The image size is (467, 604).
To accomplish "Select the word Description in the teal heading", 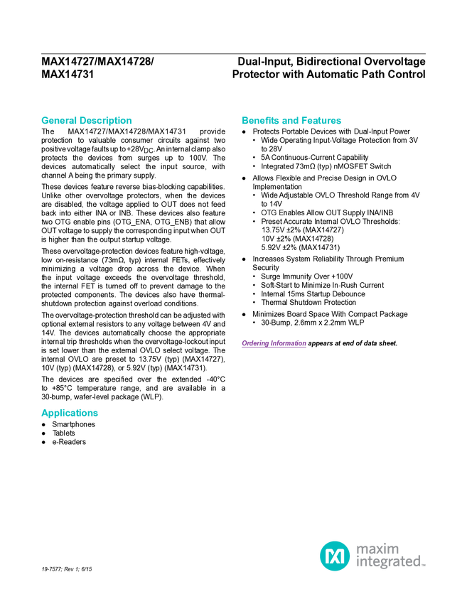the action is coord(106,121).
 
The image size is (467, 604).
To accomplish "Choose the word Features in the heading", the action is coord(321,121).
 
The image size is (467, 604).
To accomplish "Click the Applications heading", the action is coord(70,413).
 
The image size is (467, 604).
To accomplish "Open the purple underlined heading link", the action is coord(274,344).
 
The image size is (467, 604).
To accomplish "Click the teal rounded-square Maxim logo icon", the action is coord(334,555).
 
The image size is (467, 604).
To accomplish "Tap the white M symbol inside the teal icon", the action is coord(334,555).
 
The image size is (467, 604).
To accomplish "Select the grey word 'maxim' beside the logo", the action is coord(377,549).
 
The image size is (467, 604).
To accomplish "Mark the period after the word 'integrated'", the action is coord(424,566).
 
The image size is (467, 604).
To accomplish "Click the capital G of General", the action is coord(43,121).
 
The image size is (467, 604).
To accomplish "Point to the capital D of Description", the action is coord(83,121).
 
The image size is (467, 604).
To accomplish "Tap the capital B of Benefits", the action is coord(245,121).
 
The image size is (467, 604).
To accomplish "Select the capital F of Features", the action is coord(304,121).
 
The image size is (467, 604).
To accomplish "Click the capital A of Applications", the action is coord(43,413).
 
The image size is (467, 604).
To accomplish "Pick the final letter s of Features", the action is coord(340,121).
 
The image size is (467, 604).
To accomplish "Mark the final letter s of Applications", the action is coord(97,413).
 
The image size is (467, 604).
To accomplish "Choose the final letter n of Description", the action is coord(130,121).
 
